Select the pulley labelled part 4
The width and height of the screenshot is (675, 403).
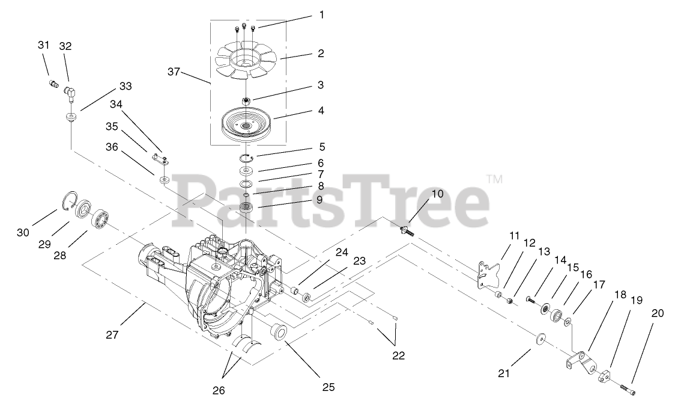(x=247, y=123)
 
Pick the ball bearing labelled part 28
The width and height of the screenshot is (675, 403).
(x=102, y=218)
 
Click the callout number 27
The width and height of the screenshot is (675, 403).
(x=113, y=334)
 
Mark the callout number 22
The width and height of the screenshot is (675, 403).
(x=398, y=355)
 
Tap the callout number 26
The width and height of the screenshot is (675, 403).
(x=219, y=391)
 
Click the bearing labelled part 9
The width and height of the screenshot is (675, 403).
(x=246, y=209)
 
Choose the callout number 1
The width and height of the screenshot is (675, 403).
(x=322, y=15)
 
